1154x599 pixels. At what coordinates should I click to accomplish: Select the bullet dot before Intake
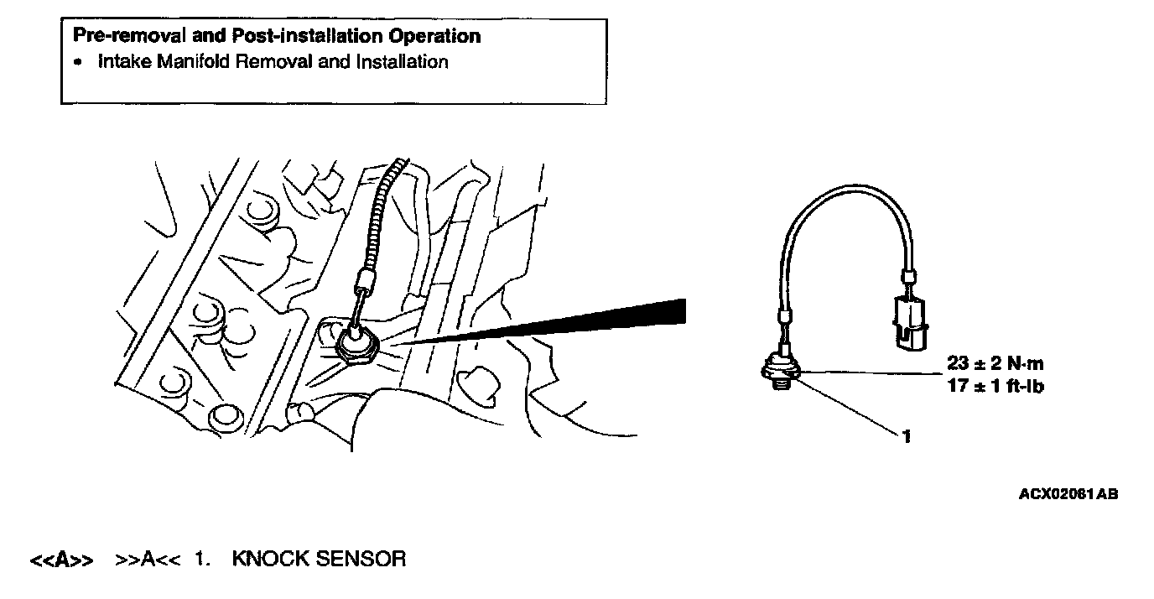[x=78, y=63]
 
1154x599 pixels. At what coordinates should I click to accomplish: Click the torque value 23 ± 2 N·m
[x=994, y=364]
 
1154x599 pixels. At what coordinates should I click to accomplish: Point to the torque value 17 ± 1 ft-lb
[x=994, y=387]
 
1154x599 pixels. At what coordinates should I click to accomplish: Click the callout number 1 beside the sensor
[x=907, y=436]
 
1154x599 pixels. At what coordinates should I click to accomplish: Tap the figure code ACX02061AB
[x=1068, y=495]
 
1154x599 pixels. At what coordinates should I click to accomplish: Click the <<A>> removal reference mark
[x=61, y=560]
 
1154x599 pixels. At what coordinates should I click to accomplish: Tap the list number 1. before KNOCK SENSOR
[x=201, y=559]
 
